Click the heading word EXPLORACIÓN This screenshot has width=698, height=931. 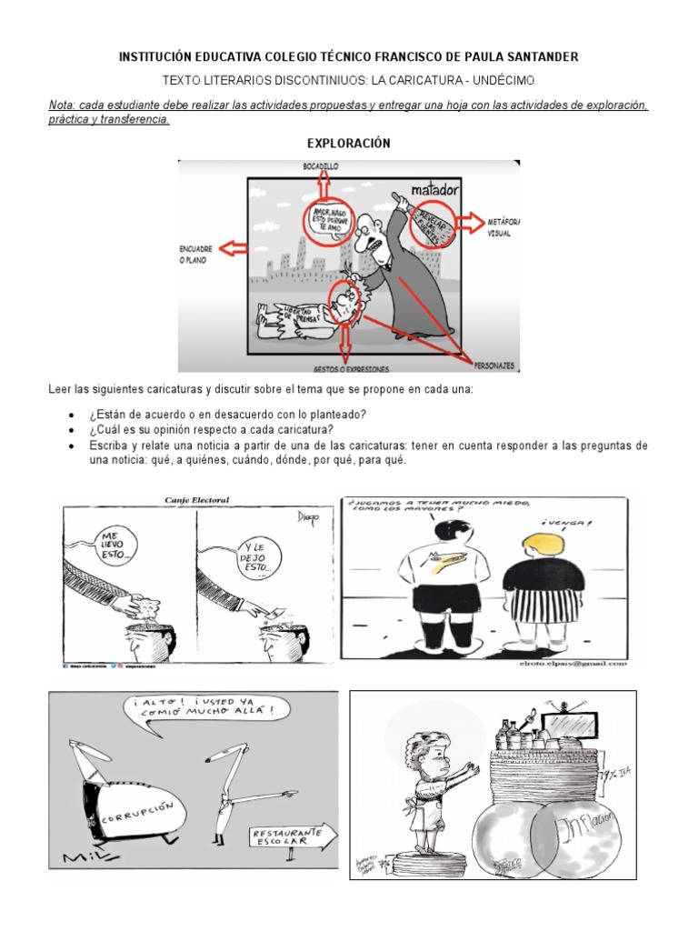tap(349, 144)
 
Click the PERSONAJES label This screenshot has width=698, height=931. tap(494, 365)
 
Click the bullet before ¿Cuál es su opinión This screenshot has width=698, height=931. tap(72, 430)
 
